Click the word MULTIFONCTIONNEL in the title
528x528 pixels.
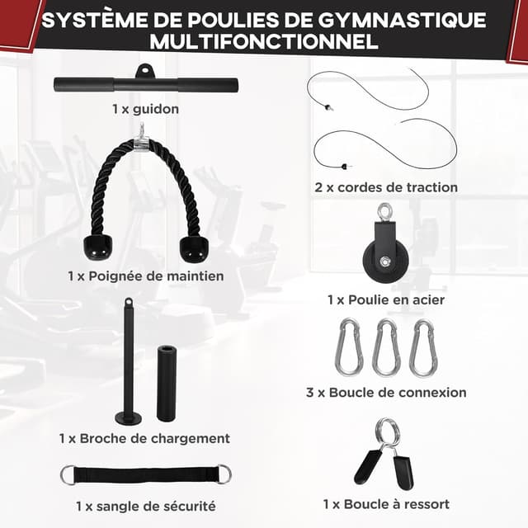click(x=263, y=41)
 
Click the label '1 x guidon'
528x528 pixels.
click(x=145, y=108)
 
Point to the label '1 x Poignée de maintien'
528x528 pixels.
click(x=145, y=276)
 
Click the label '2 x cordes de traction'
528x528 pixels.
click(x=386, y=187)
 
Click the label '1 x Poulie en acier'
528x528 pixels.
click(x=385, y=299)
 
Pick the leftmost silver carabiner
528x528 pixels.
click(x=346, y=347)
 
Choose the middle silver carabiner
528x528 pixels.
click(x=385, y=347)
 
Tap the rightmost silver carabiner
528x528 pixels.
click(x=423, y=347)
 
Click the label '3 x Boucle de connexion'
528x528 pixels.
click(x=386, y=393)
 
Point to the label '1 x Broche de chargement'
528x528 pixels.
click(x=144, y=438)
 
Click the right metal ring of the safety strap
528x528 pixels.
click(x=224, y=474)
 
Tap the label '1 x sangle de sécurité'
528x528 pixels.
click(x=145, y=505)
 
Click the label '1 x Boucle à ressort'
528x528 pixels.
click(x=386, y=503)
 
